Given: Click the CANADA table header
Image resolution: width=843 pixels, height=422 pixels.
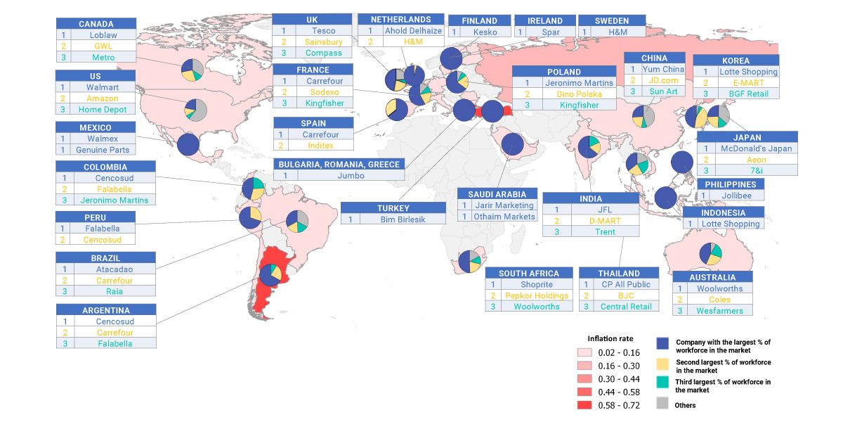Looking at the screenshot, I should (x=96, y=24).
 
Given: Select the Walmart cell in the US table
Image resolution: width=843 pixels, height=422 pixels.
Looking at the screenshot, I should (x=103, y=87).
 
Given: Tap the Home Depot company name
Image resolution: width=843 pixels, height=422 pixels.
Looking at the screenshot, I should (x=103, y=110).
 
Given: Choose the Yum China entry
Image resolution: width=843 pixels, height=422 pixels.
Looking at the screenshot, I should (x=662, y=69).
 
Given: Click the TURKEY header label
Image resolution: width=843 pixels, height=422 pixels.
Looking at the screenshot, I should (x=393, y=208).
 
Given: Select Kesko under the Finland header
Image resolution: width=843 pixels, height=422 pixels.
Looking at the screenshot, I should (x=485, y=32).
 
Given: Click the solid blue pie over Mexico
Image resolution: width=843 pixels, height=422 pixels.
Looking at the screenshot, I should (x=189, y=145).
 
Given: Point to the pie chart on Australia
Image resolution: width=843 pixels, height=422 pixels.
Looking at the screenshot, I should (x=710, y=255).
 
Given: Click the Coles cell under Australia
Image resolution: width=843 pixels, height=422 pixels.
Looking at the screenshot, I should (x=719, y=300).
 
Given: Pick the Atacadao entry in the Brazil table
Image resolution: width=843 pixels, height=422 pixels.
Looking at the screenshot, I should (x=116, y=269).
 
